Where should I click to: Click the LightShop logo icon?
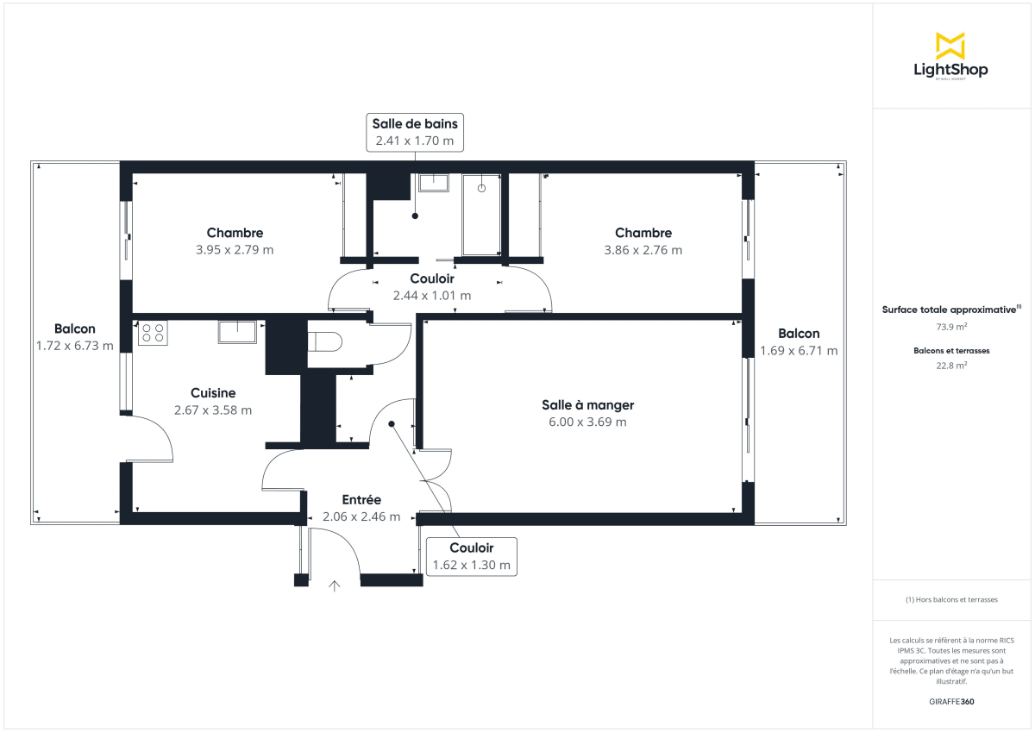click(950, 46)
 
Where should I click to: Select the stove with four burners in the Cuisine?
click(154, 333)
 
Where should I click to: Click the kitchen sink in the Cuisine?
click(237, 331)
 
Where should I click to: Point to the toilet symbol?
click(326, 342)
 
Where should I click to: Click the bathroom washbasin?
click(433, 182)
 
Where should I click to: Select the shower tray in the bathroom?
click(481, 213)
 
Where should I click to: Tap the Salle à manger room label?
click(587, 405)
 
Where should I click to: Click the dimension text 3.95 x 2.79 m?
click(235, 250)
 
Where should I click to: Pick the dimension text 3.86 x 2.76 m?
click(643, 250)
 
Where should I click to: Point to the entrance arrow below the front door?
click(335, 586)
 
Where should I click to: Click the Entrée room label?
click(361, 500)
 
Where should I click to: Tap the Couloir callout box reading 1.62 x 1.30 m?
click(472, 557)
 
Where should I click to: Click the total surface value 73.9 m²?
click(951, 327)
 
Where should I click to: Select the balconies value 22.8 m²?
click(951, 365)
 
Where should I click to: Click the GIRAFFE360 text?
click(951, 702)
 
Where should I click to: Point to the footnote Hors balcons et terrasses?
click(951, 599)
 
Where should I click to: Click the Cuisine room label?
click(213, 393)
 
